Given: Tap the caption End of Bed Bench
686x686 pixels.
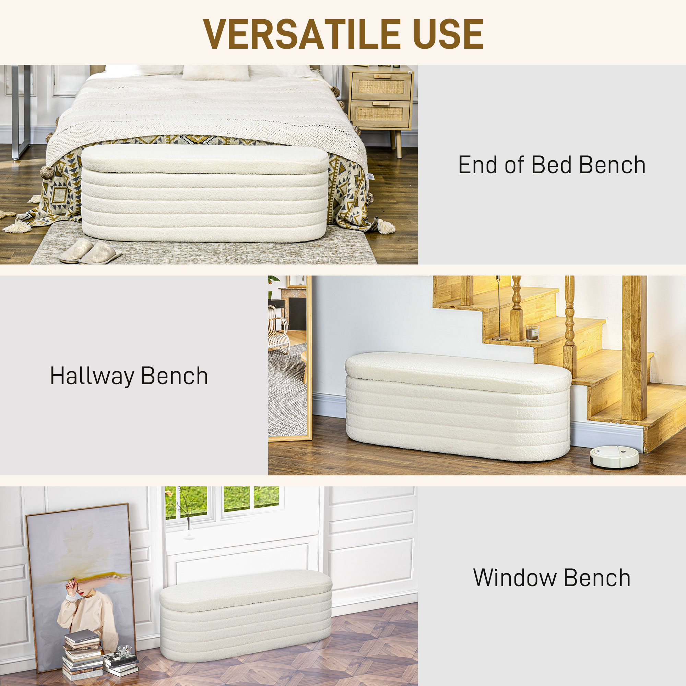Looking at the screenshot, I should point(552,165).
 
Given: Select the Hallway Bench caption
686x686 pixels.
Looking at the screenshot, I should point(129,376).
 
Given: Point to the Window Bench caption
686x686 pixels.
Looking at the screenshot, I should point(552,578).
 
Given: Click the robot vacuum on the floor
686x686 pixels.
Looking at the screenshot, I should point(614,456).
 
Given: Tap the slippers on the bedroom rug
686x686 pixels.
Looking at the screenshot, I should point(90,251).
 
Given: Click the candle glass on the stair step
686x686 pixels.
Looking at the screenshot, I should point(532,333).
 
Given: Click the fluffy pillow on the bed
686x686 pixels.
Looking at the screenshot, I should point(215,72).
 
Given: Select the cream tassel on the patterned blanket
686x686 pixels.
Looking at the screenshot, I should point(385,226).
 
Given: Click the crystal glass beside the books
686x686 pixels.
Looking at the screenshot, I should point(124,651).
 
